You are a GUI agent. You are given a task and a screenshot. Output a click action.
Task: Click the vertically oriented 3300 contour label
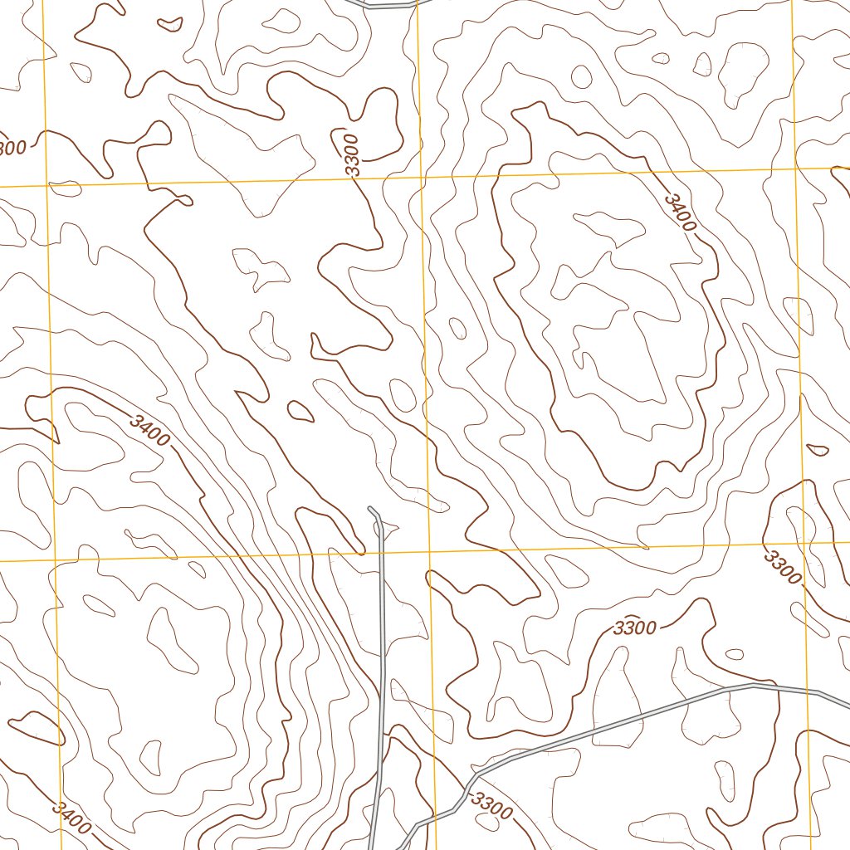tap(353, 154)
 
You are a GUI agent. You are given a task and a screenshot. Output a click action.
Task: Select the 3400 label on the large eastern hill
tap(680, 213)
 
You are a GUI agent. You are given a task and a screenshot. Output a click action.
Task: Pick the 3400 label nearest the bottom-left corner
tap(71, 817)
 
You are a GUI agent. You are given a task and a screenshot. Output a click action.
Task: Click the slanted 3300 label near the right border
tap(783, 565)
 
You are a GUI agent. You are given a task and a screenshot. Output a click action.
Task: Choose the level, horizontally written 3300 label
tap(635, 628)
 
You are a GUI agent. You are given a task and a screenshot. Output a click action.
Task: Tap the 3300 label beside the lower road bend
tap(491, 805)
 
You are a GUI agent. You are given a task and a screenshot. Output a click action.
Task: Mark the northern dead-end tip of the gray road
tap(369, 507)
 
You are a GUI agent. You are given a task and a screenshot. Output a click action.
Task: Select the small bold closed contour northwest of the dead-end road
tap(300, 410)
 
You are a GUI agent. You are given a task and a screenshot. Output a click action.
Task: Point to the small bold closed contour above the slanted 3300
tap(818, 450)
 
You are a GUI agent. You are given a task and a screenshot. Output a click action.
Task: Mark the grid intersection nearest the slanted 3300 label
tap(804, 542)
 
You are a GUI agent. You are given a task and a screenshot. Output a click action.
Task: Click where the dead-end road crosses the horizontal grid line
tap(383, 554)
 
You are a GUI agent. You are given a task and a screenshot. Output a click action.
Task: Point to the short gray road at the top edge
tap(382, 6)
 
